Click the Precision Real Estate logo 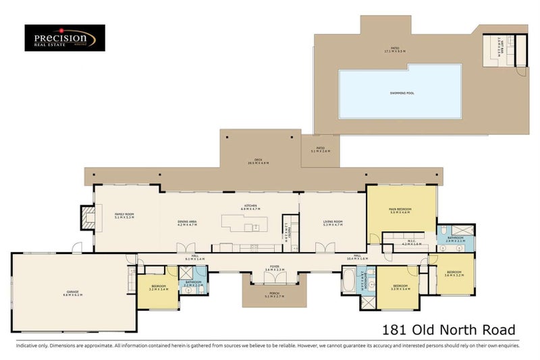click(64, 38)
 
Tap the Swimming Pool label click(400, 93)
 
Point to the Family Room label click(125, 216)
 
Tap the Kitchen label click(250, 208)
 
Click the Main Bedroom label click(400, 211)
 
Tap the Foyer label click(274, 268)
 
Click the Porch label click(274, 295)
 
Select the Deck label click(258, 162)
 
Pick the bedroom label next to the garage click(158, 288)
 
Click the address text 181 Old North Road click(448, 330)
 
